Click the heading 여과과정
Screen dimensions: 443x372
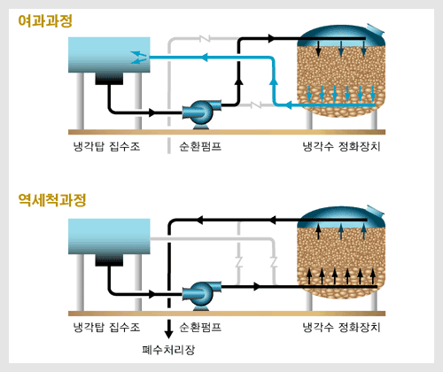[45, 21]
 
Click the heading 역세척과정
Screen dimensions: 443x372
[52, 200]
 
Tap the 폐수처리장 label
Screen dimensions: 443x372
[168, 350]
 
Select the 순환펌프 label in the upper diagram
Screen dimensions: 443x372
[200, 146]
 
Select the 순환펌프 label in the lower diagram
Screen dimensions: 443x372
[200, 327]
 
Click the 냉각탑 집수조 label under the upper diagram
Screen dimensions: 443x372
[106, 146]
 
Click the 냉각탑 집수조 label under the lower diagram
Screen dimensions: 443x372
[106, 327]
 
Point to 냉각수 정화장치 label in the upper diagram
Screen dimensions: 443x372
[341, 146]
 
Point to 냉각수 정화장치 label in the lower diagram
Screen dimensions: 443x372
[341, 327]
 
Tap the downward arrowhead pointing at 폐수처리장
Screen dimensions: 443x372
[168, 334]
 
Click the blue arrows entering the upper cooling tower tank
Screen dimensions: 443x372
[139, 58]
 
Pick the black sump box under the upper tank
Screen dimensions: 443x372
[109, 79]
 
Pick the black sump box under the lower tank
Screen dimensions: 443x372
[109, 260]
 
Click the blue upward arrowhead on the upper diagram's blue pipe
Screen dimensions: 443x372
[274, 81]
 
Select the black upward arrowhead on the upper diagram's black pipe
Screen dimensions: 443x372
[239, 81]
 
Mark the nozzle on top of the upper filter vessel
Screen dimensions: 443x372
[375, 28]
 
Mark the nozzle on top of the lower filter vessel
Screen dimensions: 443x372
[375, 210]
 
